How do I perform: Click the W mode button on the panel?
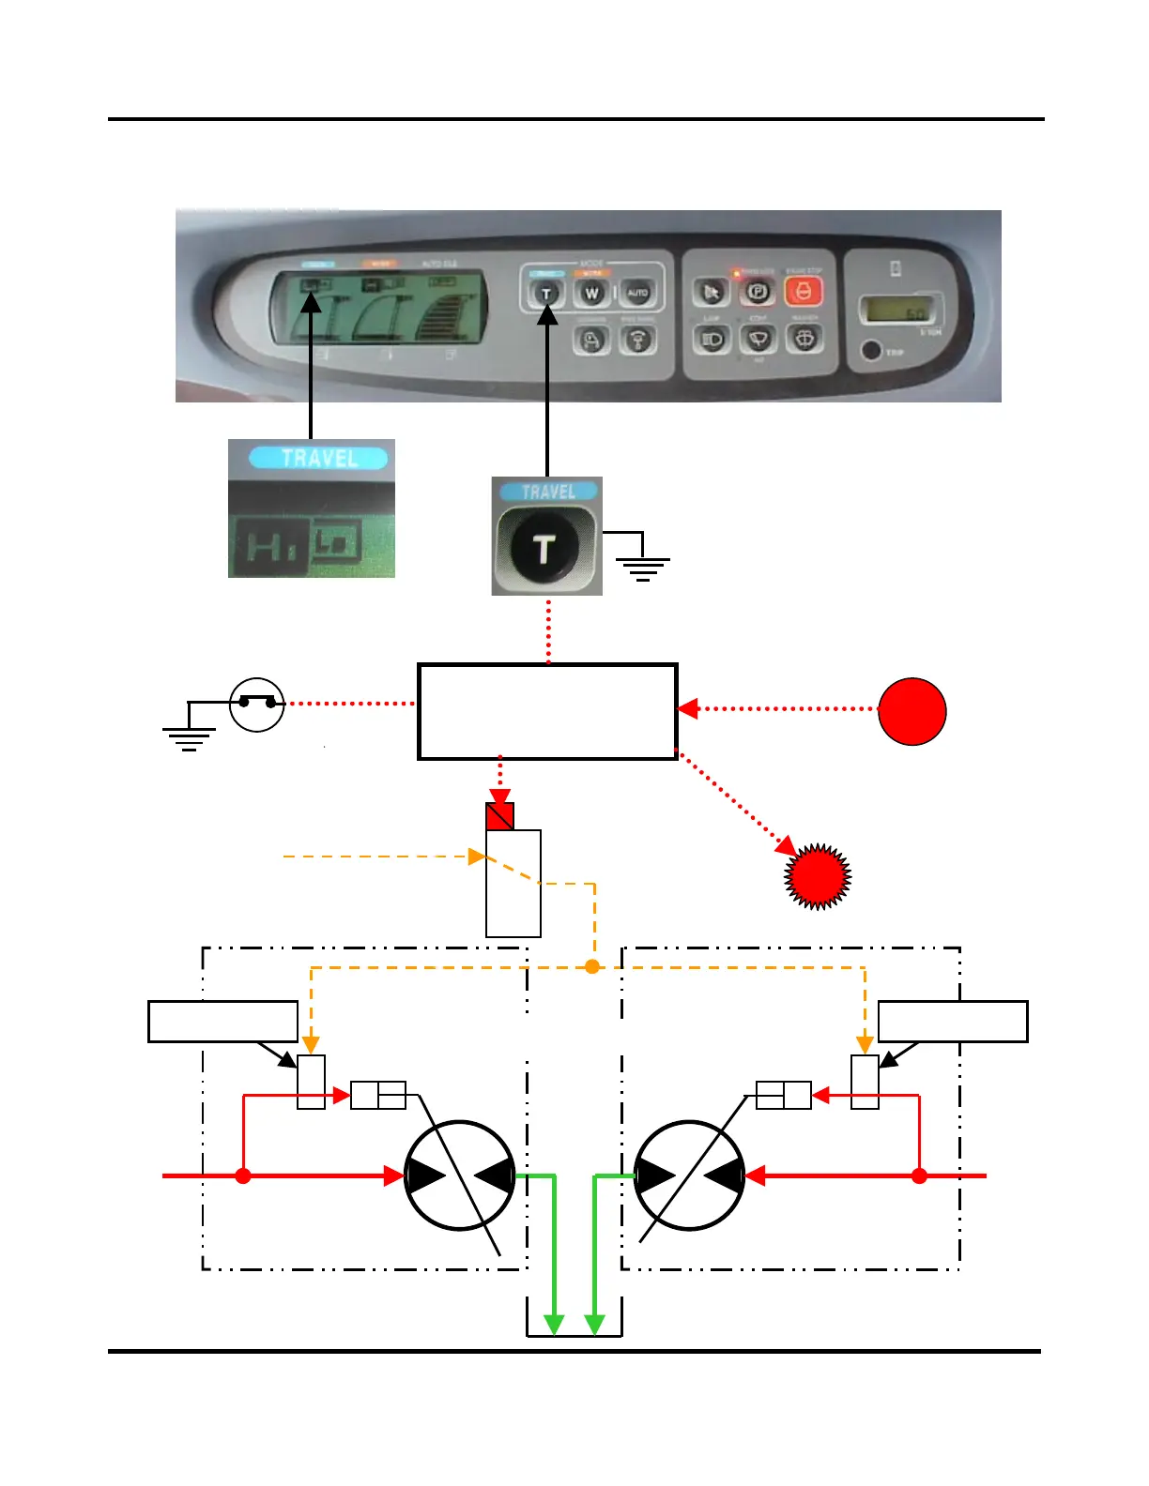pos(591,294)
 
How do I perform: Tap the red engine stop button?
pos(803,292)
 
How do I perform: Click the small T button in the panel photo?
pos(546,294)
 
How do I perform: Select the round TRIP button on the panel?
pos(871,351)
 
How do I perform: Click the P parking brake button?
pos(758,292)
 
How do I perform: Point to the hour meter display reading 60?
pos(898,310)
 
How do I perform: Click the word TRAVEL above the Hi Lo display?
pos(318,459)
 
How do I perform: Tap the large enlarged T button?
pos(544,548)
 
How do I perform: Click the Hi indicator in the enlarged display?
pos(268,545)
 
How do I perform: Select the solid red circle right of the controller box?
pos(912,711)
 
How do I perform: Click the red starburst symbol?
pos(818,876)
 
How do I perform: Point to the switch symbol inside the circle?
pos(256,704)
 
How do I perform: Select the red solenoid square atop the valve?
pos(500,816)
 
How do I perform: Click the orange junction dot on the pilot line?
pos(592,966)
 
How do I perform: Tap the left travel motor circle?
pos(460,1175)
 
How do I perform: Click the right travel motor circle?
pos(690,1175)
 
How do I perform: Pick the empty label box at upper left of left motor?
pos(222,1022)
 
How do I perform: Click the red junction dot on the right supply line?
pos(919,1175)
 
